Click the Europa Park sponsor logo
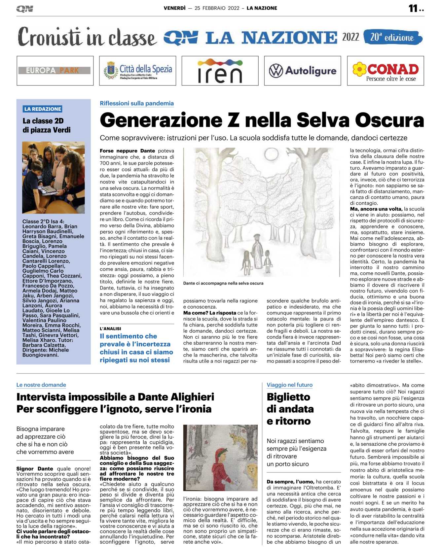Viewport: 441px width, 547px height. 55,71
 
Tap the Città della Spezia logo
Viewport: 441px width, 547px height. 137,71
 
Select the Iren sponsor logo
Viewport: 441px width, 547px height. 220,71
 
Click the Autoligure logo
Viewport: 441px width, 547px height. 303,71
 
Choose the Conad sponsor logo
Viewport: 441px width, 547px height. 386,71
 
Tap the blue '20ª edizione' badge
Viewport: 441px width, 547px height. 392,37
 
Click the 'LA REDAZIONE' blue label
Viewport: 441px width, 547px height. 43,109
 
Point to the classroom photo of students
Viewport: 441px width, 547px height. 53,177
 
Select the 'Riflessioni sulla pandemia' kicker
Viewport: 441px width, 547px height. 137,103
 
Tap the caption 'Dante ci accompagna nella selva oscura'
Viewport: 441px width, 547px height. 223,283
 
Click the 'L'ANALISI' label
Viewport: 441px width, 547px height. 110,329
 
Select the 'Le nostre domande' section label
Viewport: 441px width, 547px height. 41,385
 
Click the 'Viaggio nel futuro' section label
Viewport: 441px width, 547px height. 289,385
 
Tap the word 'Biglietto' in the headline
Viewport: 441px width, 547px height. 288,397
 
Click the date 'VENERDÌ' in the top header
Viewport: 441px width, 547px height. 174,8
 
